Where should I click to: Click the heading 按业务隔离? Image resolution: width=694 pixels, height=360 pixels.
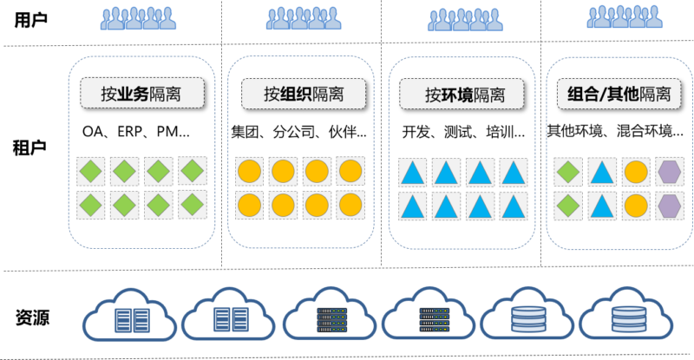click(x=142, y=92)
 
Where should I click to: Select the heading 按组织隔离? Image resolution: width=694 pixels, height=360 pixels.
click(x=302, y=92)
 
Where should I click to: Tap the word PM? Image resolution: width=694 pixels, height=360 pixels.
click(x=173, y=133)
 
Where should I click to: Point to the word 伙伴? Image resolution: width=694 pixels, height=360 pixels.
click(x=344, y=133)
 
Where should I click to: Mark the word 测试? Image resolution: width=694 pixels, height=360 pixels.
click(x=459, y=133)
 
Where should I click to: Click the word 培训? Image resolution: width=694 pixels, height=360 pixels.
click(x=501, y=133)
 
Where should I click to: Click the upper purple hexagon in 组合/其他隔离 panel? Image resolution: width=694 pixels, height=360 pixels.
click(x=668, y=171)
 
